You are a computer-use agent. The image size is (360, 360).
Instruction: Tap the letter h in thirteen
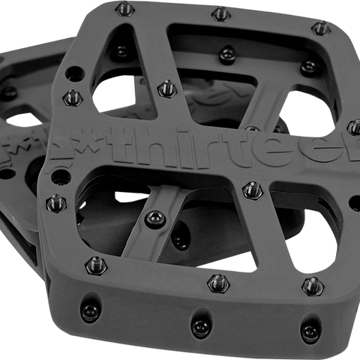coord(158,144)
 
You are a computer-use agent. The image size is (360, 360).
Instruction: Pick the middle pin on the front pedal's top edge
coord(221,14)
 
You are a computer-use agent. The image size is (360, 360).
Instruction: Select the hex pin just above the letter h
coord(165,87)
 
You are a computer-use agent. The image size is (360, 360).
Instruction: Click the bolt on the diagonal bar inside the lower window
coord(155,215)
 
